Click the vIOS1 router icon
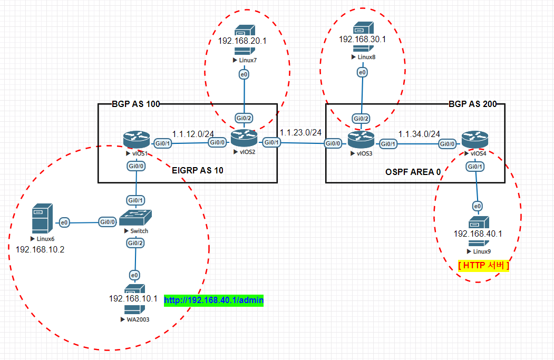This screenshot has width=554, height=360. (137, 140)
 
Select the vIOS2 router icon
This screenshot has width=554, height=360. (244, 138)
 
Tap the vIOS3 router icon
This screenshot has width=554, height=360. (361, 140)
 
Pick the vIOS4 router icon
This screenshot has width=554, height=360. (475, 140)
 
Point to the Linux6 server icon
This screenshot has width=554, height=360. (42, 218)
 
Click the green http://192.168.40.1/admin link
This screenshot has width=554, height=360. (214, 300)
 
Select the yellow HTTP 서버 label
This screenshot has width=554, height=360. (484, 265)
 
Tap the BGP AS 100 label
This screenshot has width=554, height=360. (136, 104)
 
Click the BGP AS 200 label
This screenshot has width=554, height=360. (473, 104)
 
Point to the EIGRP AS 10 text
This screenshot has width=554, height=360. (198, 170)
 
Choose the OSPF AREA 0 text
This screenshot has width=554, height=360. (413, 172)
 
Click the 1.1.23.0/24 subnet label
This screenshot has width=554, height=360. (300, 132)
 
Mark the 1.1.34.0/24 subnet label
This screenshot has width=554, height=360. (419, 134)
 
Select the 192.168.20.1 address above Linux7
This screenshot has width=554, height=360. (242, 41)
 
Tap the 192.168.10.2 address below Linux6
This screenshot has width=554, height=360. (40, 250)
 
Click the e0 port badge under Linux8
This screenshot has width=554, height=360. (363, 72)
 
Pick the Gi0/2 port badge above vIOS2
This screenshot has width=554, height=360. (244, 118)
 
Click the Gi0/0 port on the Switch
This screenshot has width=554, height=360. (108, 222)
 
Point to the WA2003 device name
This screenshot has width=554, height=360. (138, 319)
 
